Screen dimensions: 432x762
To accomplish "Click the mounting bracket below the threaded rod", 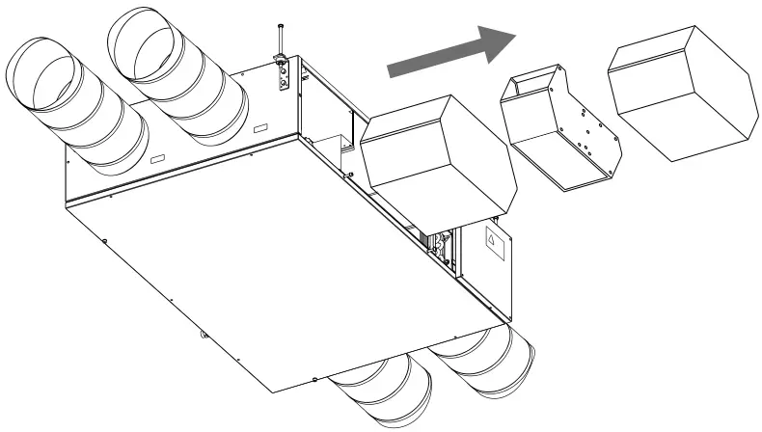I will click(x=282, y=75).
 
